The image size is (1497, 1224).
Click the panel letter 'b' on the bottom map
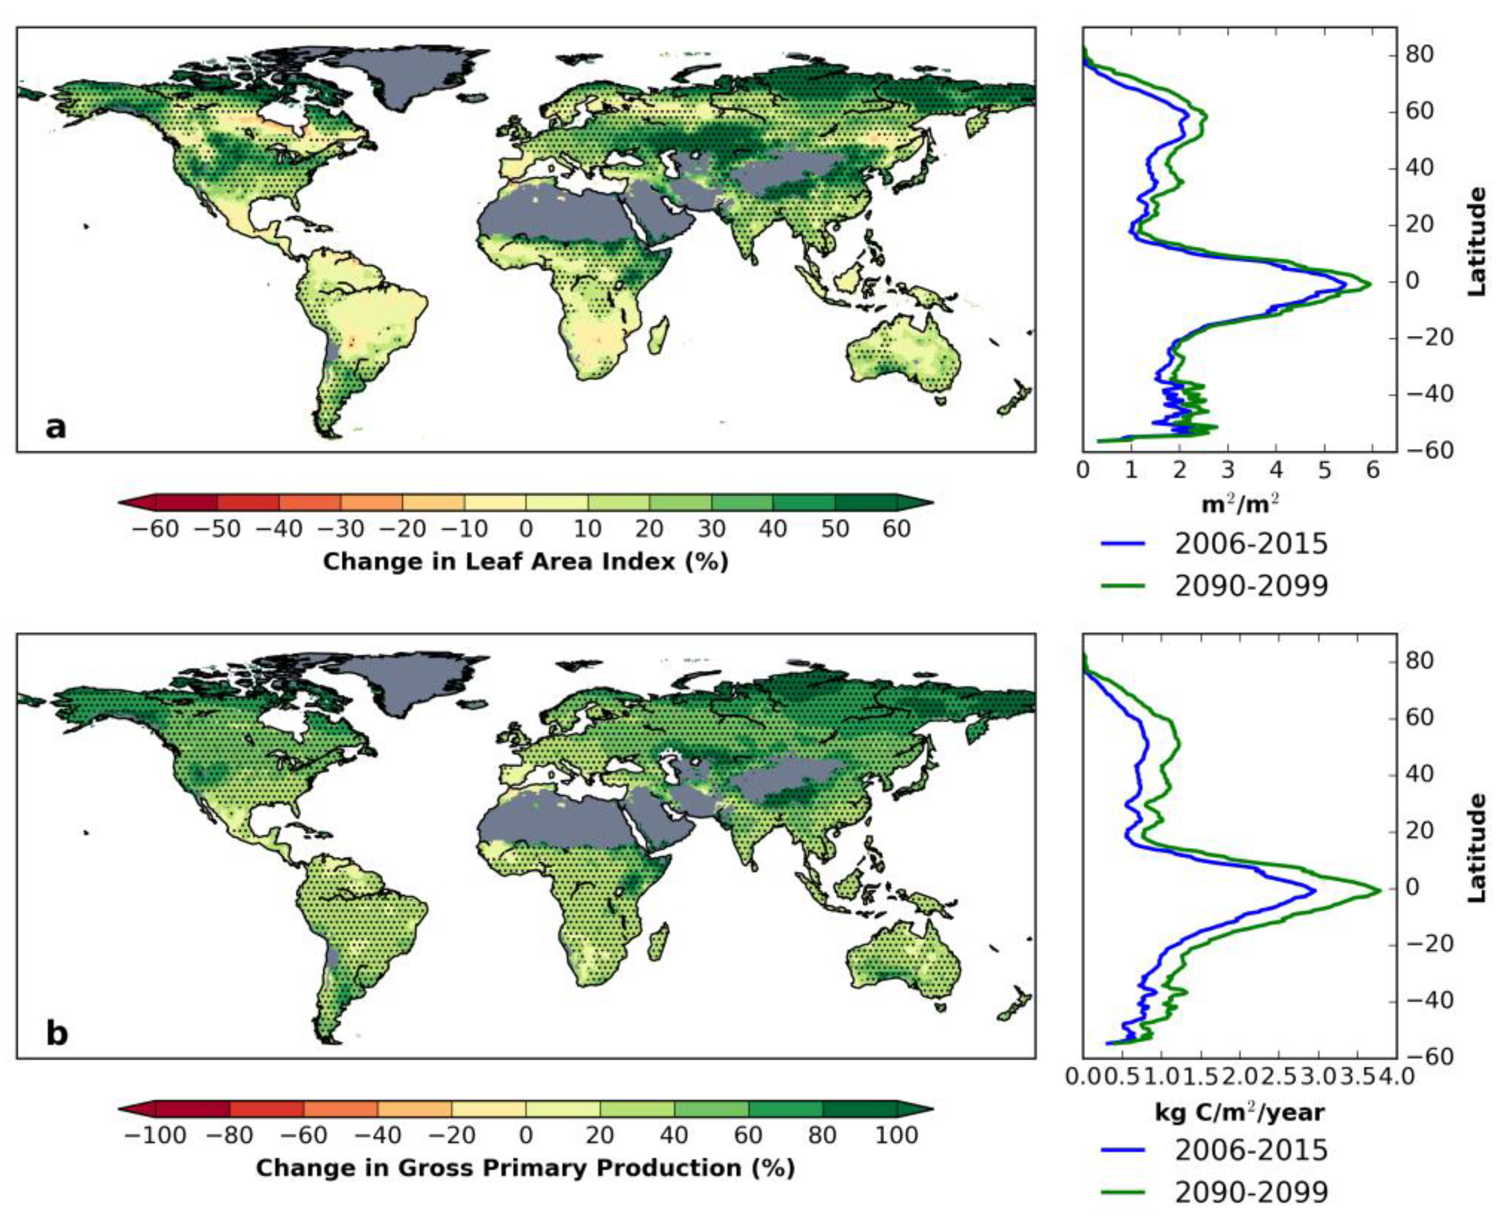coord(57,1034)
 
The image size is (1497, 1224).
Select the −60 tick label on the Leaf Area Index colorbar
coord(155,529)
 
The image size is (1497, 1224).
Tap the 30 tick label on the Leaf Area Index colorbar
coord(711,529)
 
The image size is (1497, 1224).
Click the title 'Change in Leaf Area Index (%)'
coord(525,561)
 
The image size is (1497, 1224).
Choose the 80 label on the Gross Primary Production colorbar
coord(822,1136)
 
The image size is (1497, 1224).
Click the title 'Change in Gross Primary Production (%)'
coord(525,1169)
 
